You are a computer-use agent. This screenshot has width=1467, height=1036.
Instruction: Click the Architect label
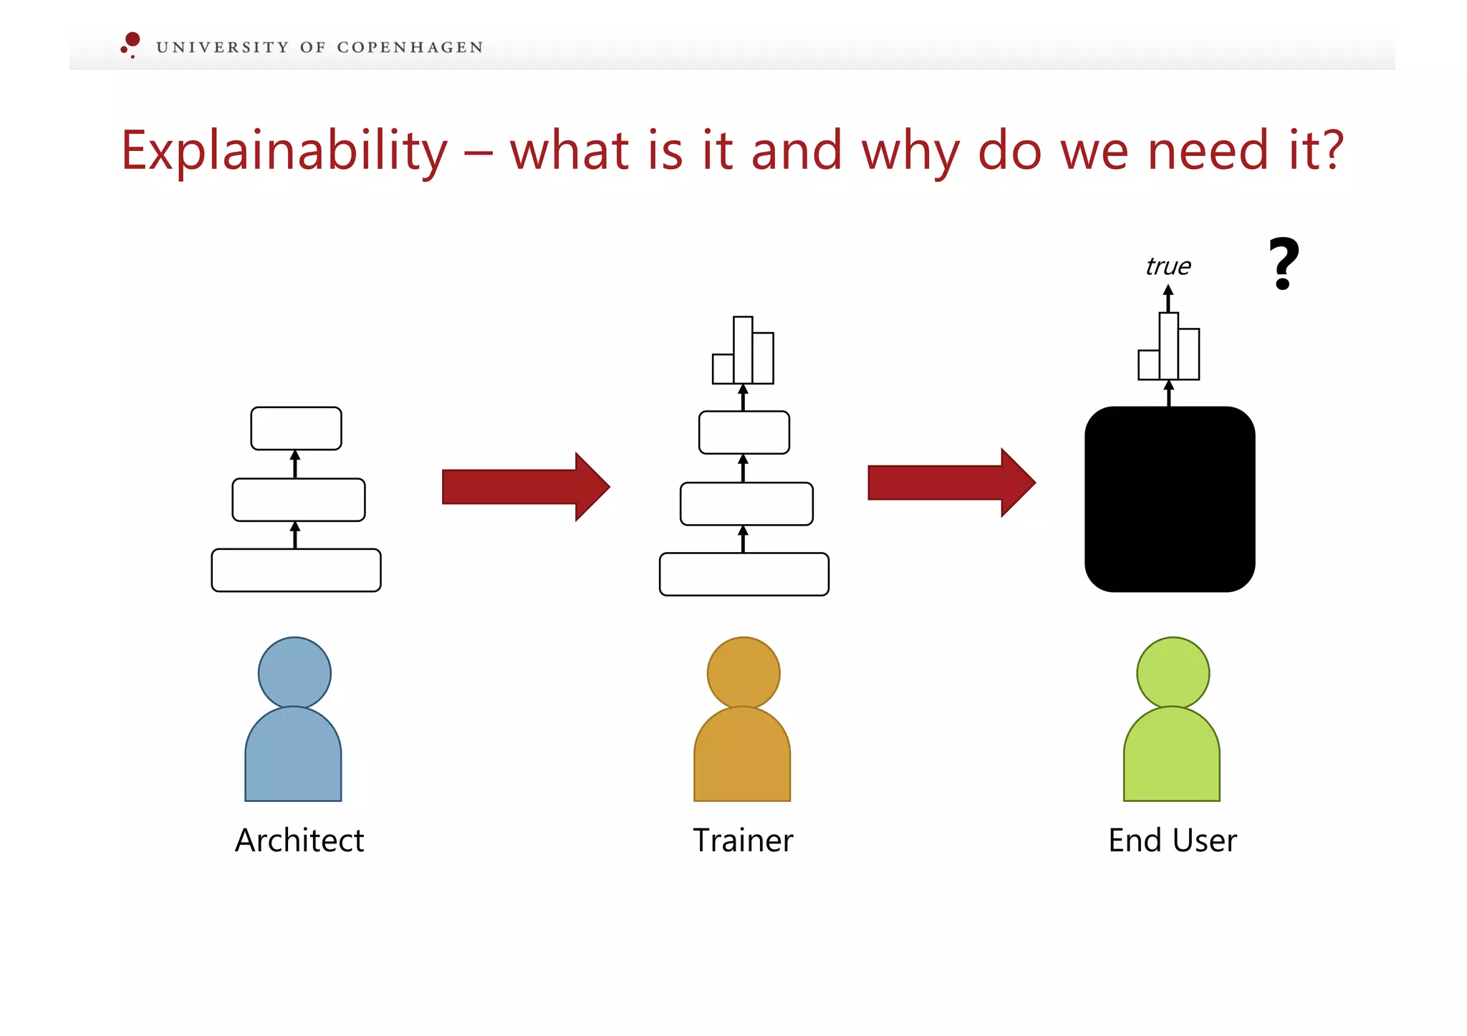click(x=299, y=840)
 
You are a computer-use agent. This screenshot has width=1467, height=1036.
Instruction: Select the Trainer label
click(x=743, y=840)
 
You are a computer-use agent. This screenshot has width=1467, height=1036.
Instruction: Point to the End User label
click(x=1172, y=840)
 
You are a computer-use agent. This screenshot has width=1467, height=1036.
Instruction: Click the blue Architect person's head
click(x=294, y=673)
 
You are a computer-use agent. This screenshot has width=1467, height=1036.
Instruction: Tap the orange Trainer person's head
click(x=744, y=673)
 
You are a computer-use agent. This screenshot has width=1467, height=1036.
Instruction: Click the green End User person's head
click(x=1173, y=673)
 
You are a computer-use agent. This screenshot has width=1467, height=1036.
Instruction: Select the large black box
click(x=1170, y=499)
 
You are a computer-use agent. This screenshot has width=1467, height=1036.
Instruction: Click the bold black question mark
click(x=1284, y=263)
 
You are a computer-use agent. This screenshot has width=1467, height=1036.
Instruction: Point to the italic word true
click(x=1168, y=266)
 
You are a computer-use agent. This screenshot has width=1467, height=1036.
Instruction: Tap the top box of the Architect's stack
click(x=296, y=428)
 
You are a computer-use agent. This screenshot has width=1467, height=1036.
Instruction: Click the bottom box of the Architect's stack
click(x=296, y=570)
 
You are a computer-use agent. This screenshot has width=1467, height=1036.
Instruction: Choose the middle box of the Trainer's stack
click(x=746, y=503)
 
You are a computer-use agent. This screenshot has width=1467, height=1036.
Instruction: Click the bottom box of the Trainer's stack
click(x=744, y=573)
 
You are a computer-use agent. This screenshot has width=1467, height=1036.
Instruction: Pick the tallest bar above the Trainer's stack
click(x=743, y=350)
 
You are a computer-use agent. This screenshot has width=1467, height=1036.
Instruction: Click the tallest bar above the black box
click(x=1168, y=346)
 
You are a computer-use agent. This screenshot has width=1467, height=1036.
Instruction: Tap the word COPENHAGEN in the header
click(x=410, y=47)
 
